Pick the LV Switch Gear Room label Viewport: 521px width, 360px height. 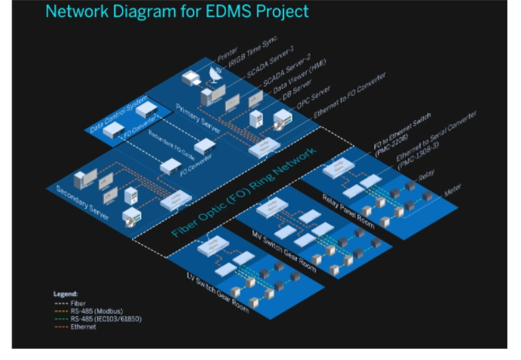217,293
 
